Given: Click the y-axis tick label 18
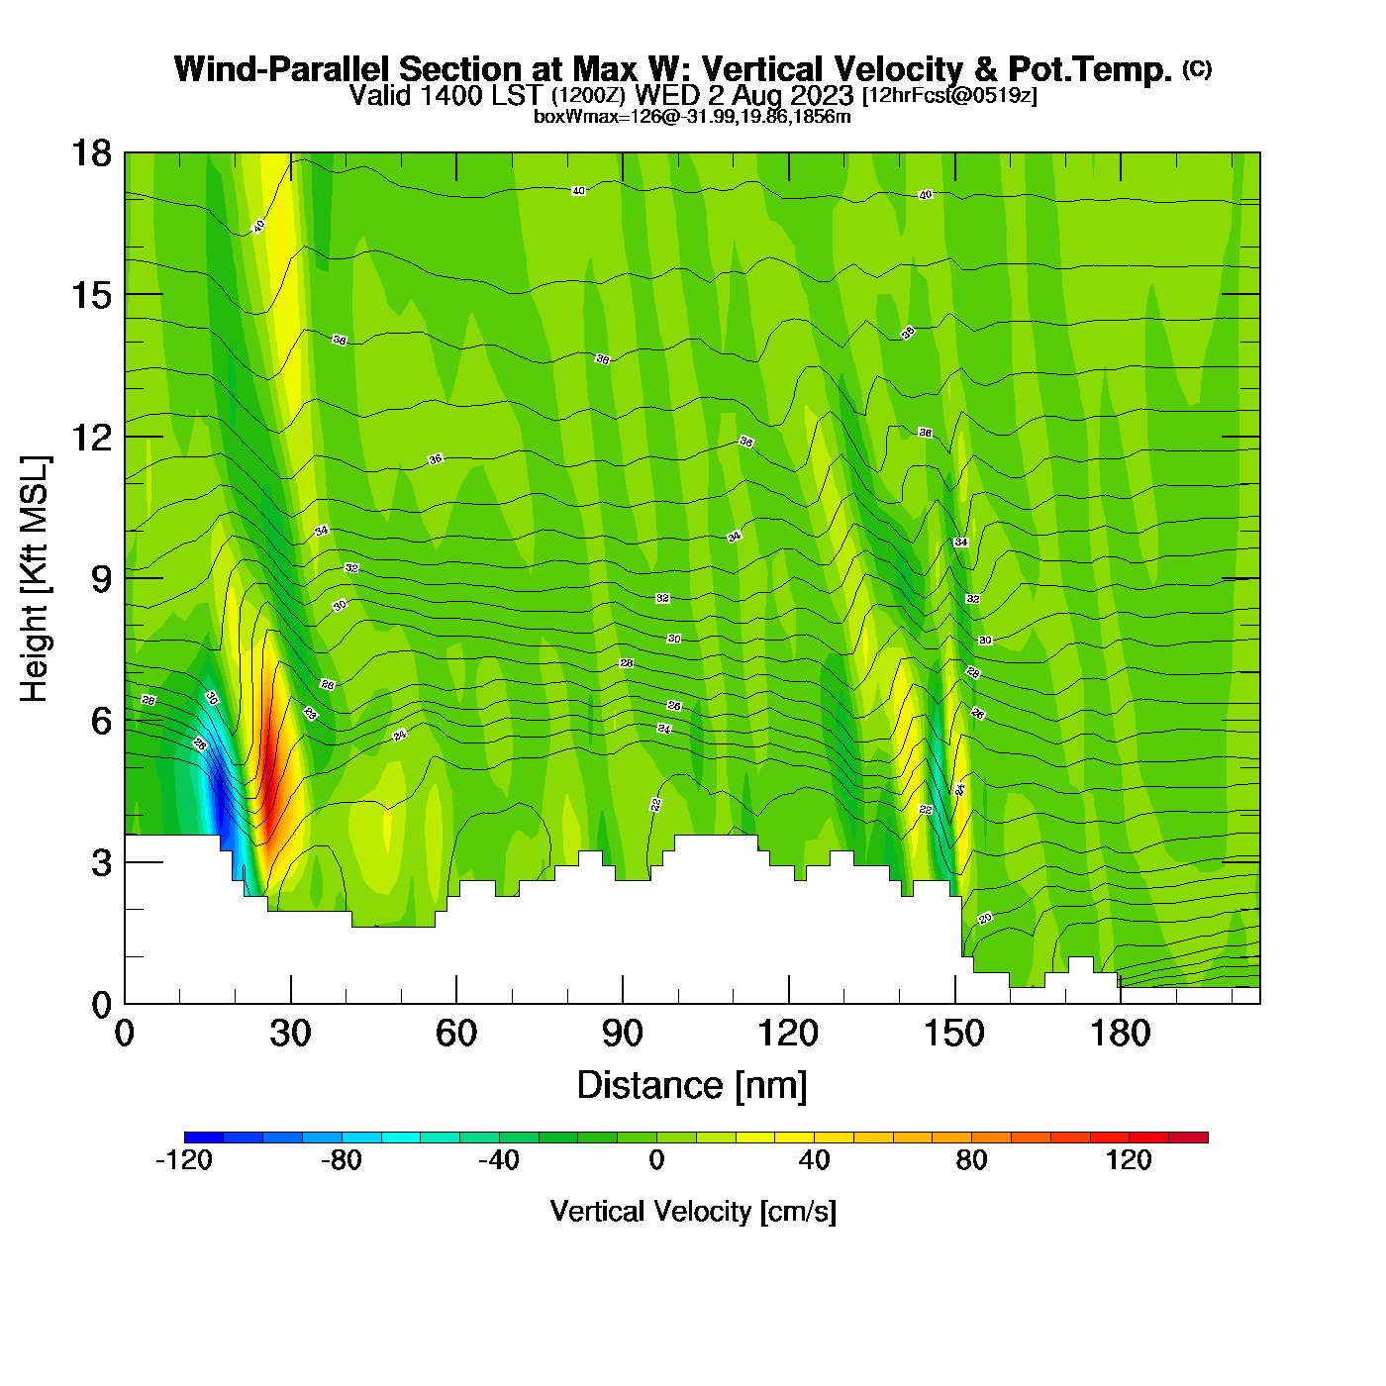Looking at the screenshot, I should point(90,153).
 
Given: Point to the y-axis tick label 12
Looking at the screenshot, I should point(90,437).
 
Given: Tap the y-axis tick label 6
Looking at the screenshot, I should point(101,721).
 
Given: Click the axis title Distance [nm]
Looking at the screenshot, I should point(692,1086).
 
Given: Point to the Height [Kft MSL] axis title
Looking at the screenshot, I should point(36,579).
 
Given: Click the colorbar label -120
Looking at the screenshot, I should point(184,1160).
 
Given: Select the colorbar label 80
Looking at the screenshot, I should point(971,1160).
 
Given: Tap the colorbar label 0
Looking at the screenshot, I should point(656,1160).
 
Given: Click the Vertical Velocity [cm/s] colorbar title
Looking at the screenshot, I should point(693,1212).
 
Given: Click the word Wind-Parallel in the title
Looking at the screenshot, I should point(283,69).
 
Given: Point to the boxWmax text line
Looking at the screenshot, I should point(692,117).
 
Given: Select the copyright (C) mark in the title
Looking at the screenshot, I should point(1196,68).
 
